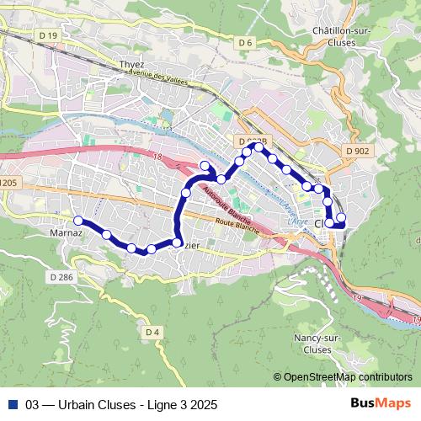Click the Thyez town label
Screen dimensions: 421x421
131,64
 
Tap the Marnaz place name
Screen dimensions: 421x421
66,228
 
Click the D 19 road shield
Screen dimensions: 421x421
49,35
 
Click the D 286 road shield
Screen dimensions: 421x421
61,276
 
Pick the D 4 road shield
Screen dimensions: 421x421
152,332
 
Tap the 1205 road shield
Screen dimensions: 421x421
8,183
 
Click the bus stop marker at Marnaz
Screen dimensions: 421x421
77,221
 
